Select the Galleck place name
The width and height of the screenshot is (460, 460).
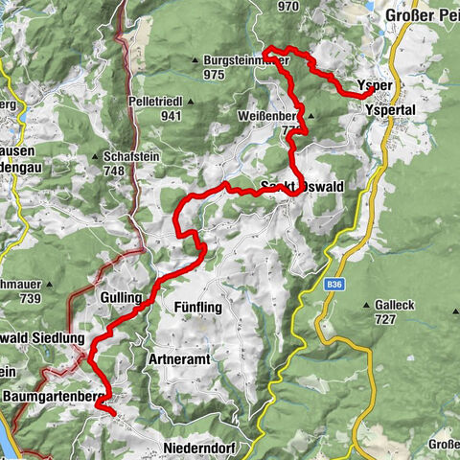[x=386, y=305]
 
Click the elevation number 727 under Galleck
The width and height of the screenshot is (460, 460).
[x=385, y=318]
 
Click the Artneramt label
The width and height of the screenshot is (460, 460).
[x=178, y=358]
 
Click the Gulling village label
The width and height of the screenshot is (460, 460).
[x=120, y=298]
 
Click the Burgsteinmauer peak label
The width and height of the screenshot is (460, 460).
[x=245, y=60]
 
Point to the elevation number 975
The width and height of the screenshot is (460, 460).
[x=214, y=74]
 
